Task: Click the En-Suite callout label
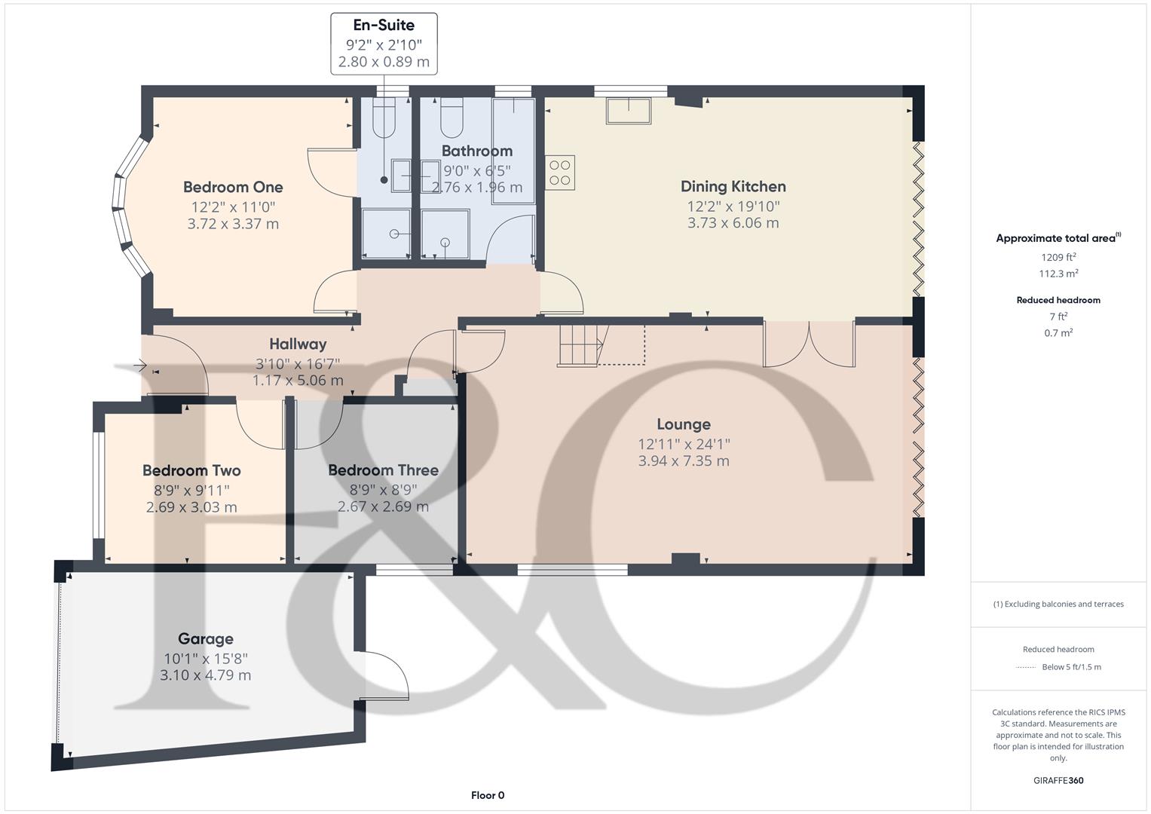click(x=384, y=26)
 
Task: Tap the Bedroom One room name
click(x=233, y=187)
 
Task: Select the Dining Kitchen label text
click(x=733, y=186)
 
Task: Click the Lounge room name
click(x=683, y=424)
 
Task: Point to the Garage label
click(x=205, y=639)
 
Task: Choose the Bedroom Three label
click(x=383, y=470)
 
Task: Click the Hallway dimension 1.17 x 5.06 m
click(x=298, y=381)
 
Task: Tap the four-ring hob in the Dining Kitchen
click(x=560, y=172)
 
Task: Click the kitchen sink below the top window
click(x=628, y=111)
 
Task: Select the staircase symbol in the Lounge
click(x=582, y=345)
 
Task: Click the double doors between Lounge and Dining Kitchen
click(x=809, y=344)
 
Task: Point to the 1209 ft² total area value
click(x=1058, y=257)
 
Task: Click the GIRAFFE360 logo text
click(x=1058, y=780)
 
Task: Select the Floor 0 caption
click(x=488, y=795)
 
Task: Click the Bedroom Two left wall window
click(x=97, y=485)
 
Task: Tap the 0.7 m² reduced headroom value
click(x=1058, y=332)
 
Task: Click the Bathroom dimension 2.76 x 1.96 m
click(x=476, y=188)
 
